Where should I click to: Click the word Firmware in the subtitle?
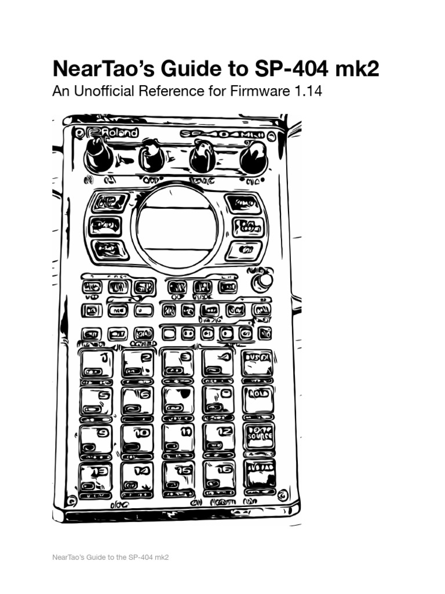(267, 92)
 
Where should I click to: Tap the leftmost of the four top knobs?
(99, 157)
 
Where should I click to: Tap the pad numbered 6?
(138, 401)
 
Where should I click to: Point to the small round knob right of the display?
(265, 281)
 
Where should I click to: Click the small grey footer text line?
(110, 557)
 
